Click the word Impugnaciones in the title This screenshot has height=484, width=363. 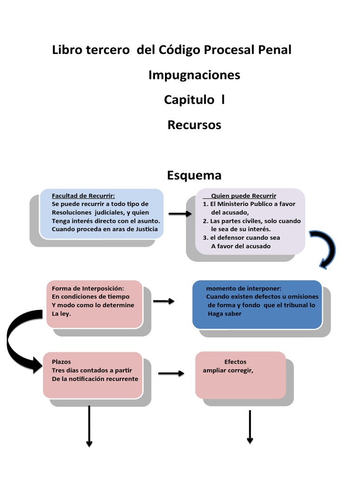click(194, 75)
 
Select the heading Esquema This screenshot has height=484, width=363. click(194, 175)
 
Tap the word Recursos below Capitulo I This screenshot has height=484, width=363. click(194, 125)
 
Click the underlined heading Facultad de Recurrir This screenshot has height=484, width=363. click(83, 196)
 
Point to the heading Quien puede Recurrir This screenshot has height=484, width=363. click(243, 196)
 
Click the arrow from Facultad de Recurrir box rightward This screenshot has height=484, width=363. click(180, 214)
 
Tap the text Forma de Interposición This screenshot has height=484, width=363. click(88, 288)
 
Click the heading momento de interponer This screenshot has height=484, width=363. click(243, 288)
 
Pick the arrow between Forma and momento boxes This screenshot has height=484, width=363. click(164, 301)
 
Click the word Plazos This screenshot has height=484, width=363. click(61, 362)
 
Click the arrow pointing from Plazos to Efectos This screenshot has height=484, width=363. click(171, 373)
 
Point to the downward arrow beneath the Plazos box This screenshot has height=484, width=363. click(89, 425)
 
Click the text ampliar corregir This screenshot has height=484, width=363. click(228, 371)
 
